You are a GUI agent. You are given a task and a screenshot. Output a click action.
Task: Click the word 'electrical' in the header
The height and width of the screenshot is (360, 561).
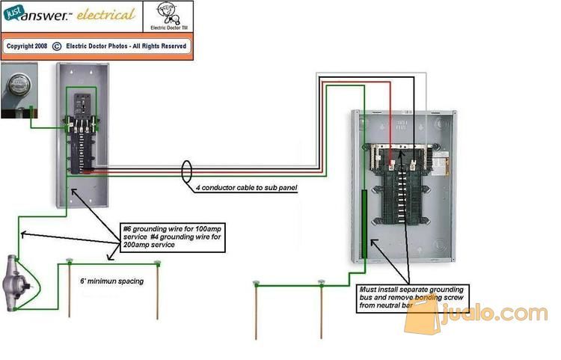(107, 14)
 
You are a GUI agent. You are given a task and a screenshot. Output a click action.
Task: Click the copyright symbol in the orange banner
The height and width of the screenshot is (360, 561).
(56, 46)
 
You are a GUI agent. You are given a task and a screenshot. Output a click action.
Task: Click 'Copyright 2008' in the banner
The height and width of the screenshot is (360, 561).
(27, 46)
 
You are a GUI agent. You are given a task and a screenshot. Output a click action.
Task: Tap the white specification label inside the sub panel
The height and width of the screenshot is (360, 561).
(441, 159)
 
